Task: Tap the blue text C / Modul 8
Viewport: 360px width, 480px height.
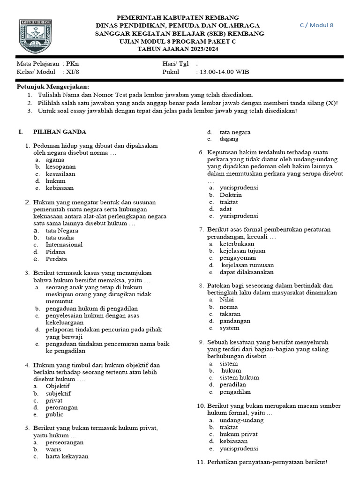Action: (316, 25)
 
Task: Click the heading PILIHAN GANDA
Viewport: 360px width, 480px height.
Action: (60, 132)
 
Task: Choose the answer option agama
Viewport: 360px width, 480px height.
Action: (55, 159)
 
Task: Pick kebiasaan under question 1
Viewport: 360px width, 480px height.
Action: (60, 188)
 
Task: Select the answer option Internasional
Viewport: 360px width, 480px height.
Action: (64, 244)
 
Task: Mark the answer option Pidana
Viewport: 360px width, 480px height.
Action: (55, 252)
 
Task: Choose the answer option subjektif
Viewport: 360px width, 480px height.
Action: (58, 393)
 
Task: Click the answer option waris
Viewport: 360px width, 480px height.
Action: (53, 449)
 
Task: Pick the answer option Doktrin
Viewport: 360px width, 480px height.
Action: (231, 195)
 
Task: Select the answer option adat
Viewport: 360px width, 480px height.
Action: (225, 209)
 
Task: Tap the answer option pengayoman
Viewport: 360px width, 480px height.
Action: (238, 257)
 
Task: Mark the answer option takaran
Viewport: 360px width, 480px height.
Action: (230, 314)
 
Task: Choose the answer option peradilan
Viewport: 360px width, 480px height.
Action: (233, 384)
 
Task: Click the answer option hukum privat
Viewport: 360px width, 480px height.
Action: (239, 434)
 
